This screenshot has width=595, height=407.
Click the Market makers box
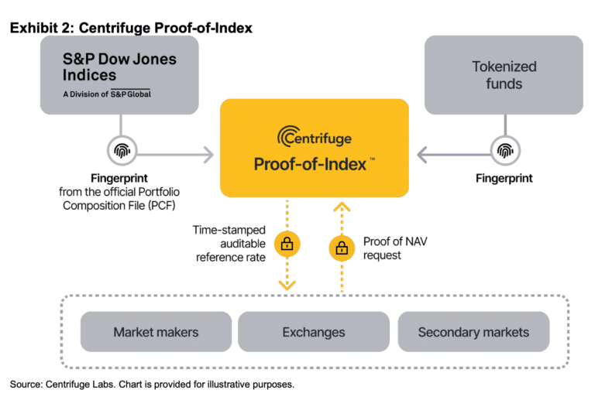click(x=156, y=332)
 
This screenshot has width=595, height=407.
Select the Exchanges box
click(x=314, y=332)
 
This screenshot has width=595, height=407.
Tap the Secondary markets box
click(x=473, y=332)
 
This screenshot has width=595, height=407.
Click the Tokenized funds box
click(x=504, y=75)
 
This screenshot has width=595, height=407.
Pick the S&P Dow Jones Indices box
click(x=120, y=75)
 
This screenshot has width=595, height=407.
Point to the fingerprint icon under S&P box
click(x=121, y=149)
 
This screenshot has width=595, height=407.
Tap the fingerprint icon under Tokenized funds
click(x=504, y=149)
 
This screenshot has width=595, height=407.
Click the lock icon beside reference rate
click(x=287, y=245)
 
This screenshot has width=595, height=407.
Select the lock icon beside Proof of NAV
click(x=340, y=248)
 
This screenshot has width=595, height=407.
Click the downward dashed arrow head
click(x=287, y=285)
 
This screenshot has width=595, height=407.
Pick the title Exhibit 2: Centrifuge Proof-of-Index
click(x=131, y=28)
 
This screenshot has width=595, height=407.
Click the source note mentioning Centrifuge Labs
click(x=152, y=385)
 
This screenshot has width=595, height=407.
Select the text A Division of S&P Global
click(x=107, y=94)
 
